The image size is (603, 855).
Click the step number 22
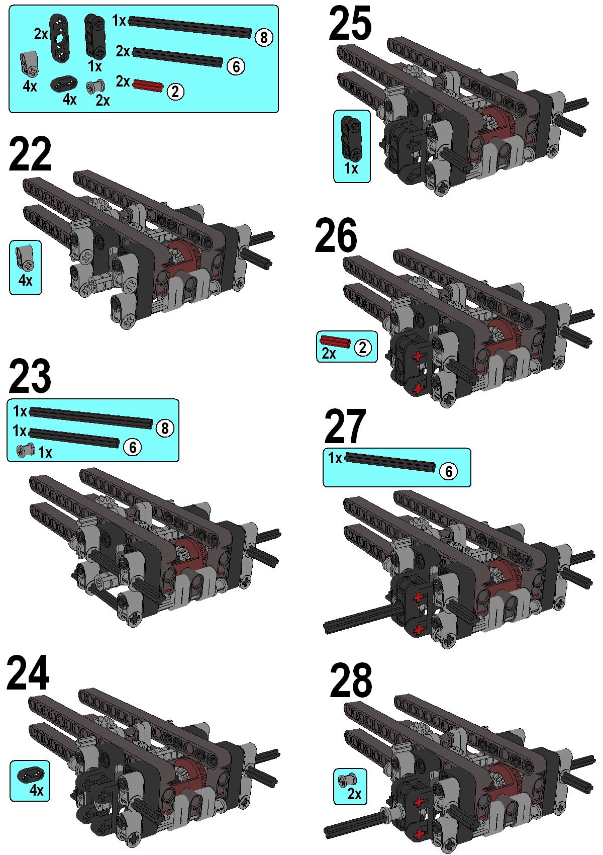pyautogui.click(x=30, y=154)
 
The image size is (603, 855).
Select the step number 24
pyautogui.click(x=28, y=673)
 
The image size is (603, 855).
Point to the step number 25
pyautogui.click(x=350, y=23)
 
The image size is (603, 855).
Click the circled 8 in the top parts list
pyautogui.click(x=263, y=37)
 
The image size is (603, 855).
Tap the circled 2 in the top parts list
pyautogui.click(x=175, y=92)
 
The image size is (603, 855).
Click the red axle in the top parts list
pyautogui.click(x=148, y=85)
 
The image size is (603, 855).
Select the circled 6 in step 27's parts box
pyautogui.click(x=449, y=471)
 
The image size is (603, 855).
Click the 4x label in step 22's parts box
pyautogui.click(x=25, y=281)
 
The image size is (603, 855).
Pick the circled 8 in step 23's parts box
pyautogui.click(x=165, y=429)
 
